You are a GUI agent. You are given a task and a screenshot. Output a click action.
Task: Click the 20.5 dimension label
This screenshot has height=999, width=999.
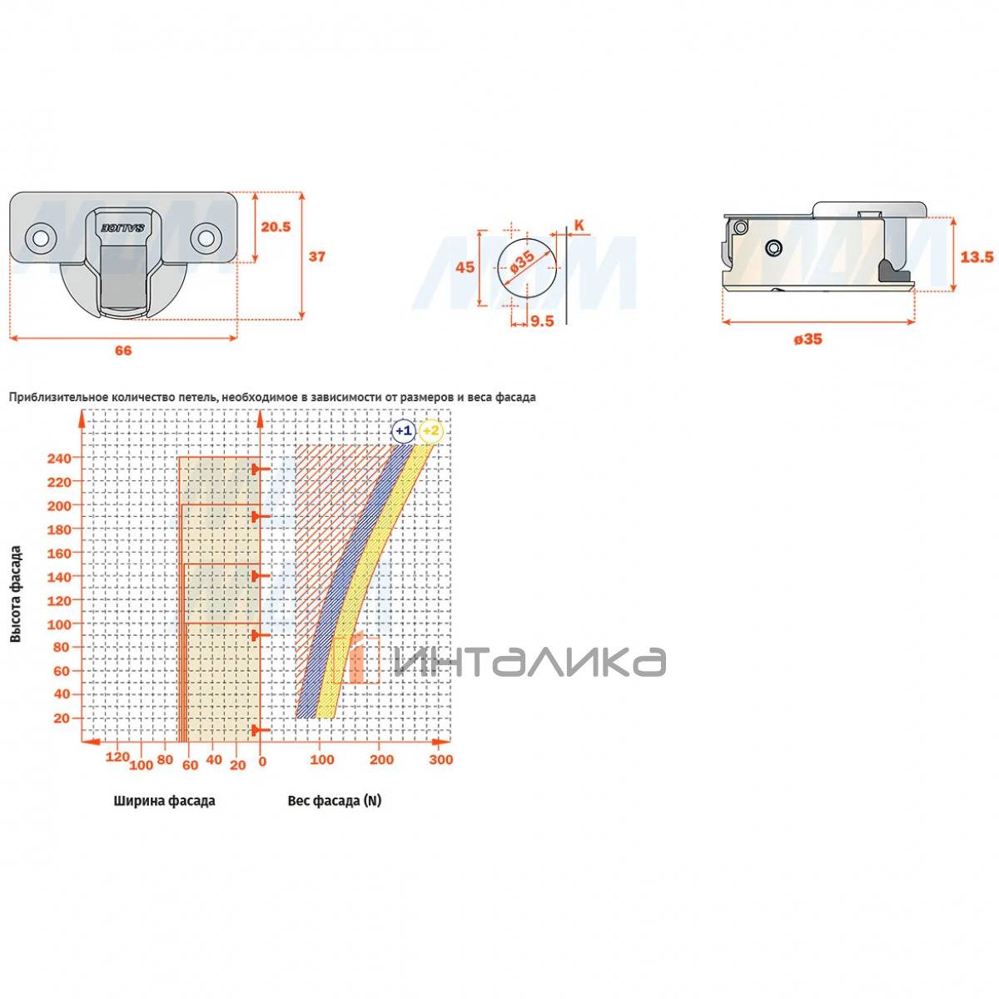click(276, 226)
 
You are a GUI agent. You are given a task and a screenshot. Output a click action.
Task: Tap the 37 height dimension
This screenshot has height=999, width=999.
click(316, 256)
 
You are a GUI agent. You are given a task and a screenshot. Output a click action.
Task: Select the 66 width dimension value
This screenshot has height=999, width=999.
click(123, 350)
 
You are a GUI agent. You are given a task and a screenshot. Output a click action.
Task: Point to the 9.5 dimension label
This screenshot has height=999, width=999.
click(542, 321)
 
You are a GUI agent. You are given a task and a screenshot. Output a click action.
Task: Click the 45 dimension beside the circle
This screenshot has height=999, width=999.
click(465, 267)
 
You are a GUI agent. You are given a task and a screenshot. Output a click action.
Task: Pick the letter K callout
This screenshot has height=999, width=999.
click(579, 226)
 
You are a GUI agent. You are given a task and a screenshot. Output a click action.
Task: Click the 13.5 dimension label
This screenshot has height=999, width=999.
click(977, 256)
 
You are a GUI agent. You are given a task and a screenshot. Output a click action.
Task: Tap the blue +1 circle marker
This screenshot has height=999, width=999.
click(403, 430)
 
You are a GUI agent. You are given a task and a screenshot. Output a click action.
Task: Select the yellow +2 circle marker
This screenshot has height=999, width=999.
click(430, 430)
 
